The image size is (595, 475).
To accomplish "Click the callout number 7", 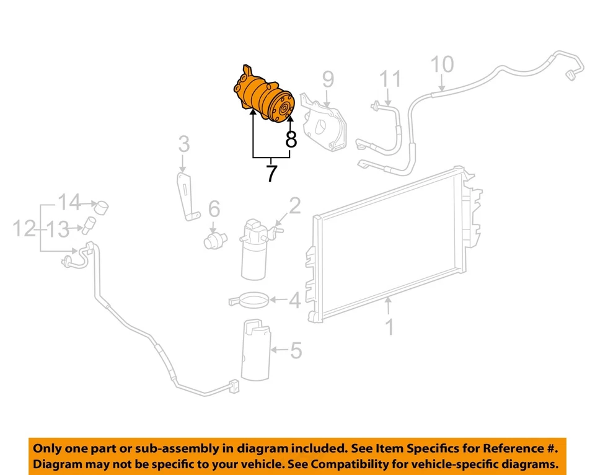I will (271, 173).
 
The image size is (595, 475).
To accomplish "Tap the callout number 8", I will (291, 139).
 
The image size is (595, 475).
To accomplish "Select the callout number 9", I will (328, 79).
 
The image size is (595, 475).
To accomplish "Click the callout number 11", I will (390, 79).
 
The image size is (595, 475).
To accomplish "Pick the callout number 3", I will (184, 146).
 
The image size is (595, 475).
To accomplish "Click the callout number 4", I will (294, 301).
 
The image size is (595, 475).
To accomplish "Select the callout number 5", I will (296, 351).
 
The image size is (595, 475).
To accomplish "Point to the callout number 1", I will (390, 326).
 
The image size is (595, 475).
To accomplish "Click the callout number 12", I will (24, 229).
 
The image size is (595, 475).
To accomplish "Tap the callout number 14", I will (70, 202).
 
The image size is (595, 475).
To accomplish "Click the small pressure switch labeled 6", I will (213, 238).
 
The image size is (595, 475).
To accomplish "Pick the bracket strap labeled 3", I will (185, 195).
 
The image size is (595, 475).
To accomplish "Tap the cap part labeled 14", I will (101, 206).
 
